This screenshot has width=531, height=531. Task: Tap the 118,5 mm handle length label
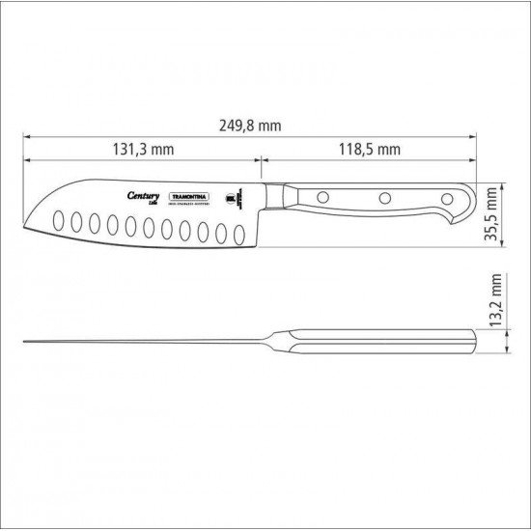[x=369, y=149]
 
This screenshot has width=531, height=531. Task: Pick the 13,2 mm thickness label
[x=495, y=301]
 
